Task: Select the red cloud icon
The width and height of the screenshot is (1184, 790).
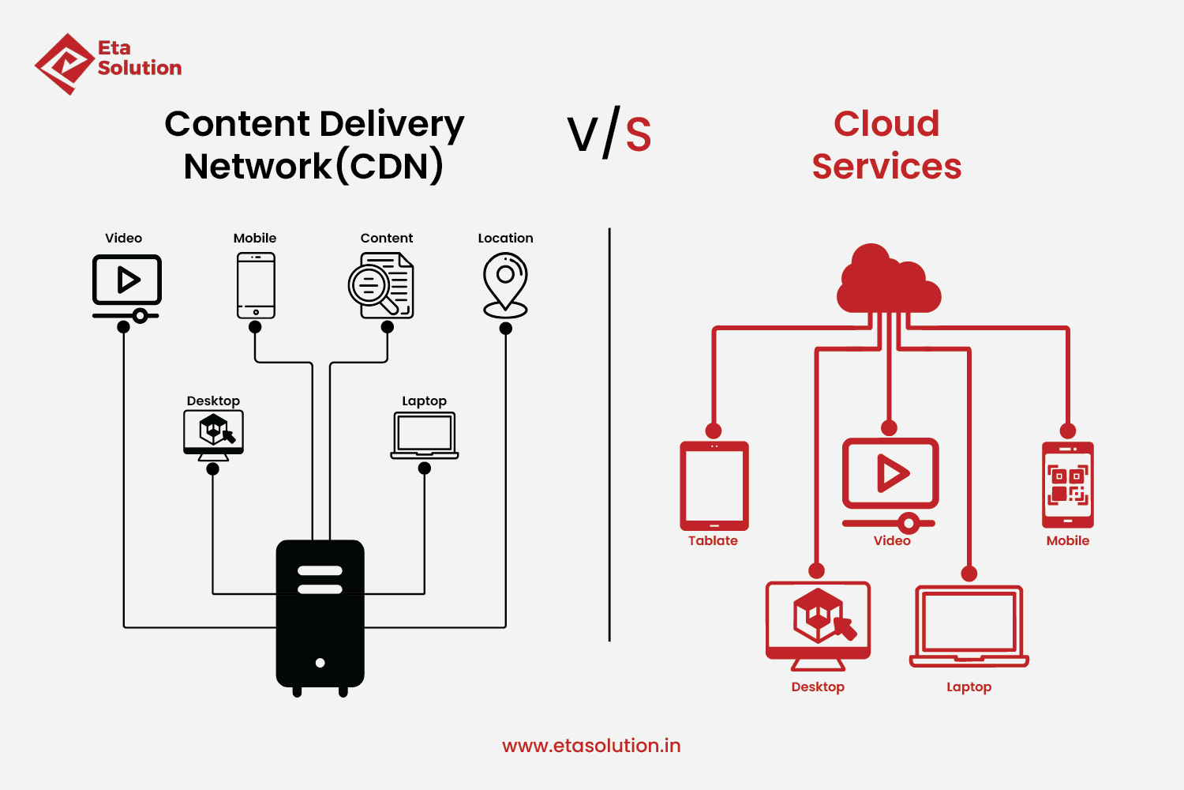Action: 889,281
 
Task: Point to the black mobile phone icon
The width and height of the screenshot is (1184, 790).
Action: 256,285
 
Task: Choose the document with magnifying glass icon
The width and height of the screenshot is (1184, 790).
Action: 382,286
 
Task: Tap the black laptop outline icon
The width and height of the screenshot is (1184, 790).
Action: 425,435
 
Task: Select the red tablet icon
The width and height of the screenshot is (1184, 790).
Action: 714,486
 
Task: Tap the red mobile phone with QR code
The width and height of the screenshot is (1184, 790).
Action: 1068,484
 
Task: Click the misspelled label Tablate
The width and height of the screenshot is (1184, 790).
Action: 713,541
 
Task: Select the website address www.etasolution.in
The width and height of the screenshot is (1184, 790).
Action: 591,746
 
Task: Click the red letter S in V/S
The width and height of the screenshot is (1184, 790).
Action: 639,135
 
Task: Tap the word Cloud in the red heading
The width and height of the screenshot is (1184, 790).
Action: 886,124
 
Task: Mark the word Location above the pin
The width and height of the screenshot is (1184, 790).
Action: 505,238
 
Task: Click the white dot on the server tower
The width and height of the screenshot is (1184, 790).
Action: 320,663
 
